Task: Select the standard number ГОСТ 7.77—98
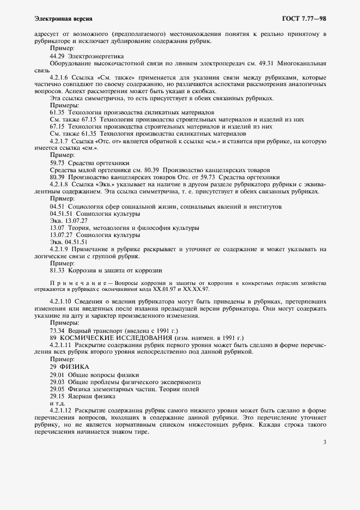(304, 19)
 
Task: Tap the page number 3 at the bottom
(324, 442)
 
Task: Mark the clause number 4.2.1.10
(62, 301)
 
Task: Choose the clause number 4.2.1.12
(62, 409)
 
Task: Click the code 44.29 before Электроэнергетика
(57, 56)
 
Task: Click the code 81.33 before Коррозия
(57, 270)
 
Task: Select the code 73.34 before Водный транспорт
(57, 331)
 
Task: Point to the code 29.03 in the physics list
(57, 381)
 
